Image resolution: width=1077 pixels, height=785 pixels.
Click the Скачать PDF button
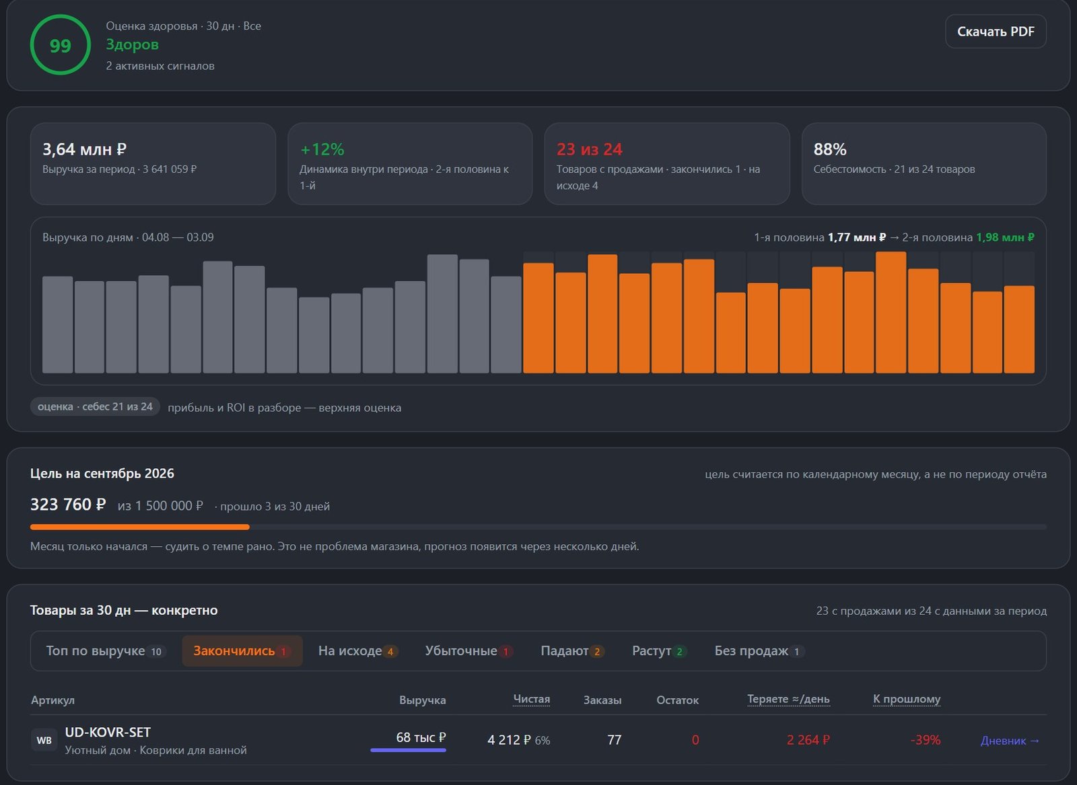pos(996,31)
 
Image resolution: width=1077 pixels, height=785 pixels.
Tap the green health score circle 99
pos(60,44)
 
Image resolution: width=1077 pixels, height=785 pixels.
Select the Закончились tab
pos(242,650)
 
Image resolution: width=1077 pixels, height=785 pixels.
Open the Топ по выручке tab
pos(106,650)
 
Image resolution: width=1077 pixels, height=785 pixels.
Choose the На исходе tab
pos(357,650)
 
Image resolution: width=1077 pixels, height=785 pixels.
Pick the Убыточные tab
pos(468,650)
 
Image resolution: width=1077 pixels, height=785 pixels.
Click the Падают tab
pos(572,650)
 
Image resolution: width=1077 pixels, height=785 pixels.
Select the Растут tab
pos(659,650)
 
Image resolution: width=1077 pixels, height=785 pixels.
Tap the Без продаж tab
pos(759,650)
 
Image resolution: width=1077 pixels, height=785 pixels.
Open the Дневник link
pos(1010,741)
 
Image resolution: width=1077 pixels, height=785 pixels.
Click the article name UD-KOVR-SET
pos(108,732)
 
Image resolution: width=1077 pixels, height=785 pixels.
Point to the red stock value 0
pos(695,740)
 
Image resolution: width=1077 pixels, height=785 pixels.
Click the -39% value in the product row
pos(925,740)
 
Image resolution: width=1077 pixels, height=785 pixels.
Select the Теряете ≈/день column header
pos(788,699)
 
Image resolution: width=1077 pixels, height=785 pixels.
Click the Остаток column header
pos(677,700)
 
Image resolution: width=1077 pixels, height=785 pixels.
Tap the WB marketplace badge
pos(44,740)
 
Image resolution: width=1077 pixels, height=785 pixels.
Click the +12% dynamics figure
pos(322,149)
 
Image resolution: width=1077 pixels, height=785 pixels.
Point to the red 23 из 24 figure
pos(590,149)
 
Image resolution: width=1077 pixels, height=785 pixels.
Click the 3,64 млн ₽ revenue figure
pos(85,149)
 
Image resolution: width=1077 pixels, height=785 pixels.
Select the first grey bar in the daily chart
pos(58,325)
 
